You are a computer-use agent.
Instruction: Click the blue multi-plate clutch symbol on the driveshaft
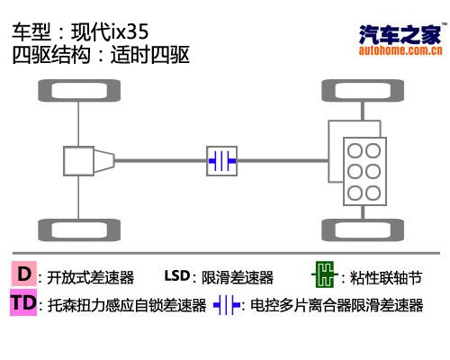[x=222, y=161]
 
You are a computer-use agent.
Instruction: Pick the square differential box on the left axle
[x=78, y=161]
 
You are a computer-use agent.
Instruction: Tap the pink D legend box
[x=24, y=274]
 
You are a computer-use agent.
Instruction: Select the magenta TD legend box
[x=23, y=302]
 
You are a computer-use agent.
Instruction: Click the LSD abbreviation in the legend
[x=177, y=275]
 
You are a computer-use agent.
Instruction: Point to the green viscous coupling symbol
[x=325, y=274]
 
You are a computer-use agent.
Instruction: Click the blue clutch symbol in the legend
[x=227, y=305]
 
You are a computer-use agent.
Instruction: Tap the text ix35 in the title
[x=130, y=31]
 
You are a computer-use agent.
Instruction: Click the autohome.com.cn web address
[x=400, y=50]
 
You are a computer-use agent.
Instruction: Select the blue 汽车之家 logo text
[x=400, y=34]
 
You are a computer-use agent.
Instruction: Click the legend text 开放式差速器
[x=90, y=277]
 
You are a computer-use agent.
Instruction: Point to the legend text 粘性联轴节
[x=386, y=277]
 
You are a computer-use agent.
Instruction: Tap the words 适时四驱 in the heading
[x=150, y=55]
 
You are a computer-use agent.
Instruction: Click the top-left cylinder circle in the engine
[x=355, y=150]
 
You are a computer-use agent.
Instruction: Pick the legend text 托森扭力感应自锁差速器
[x=127, y=305]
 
